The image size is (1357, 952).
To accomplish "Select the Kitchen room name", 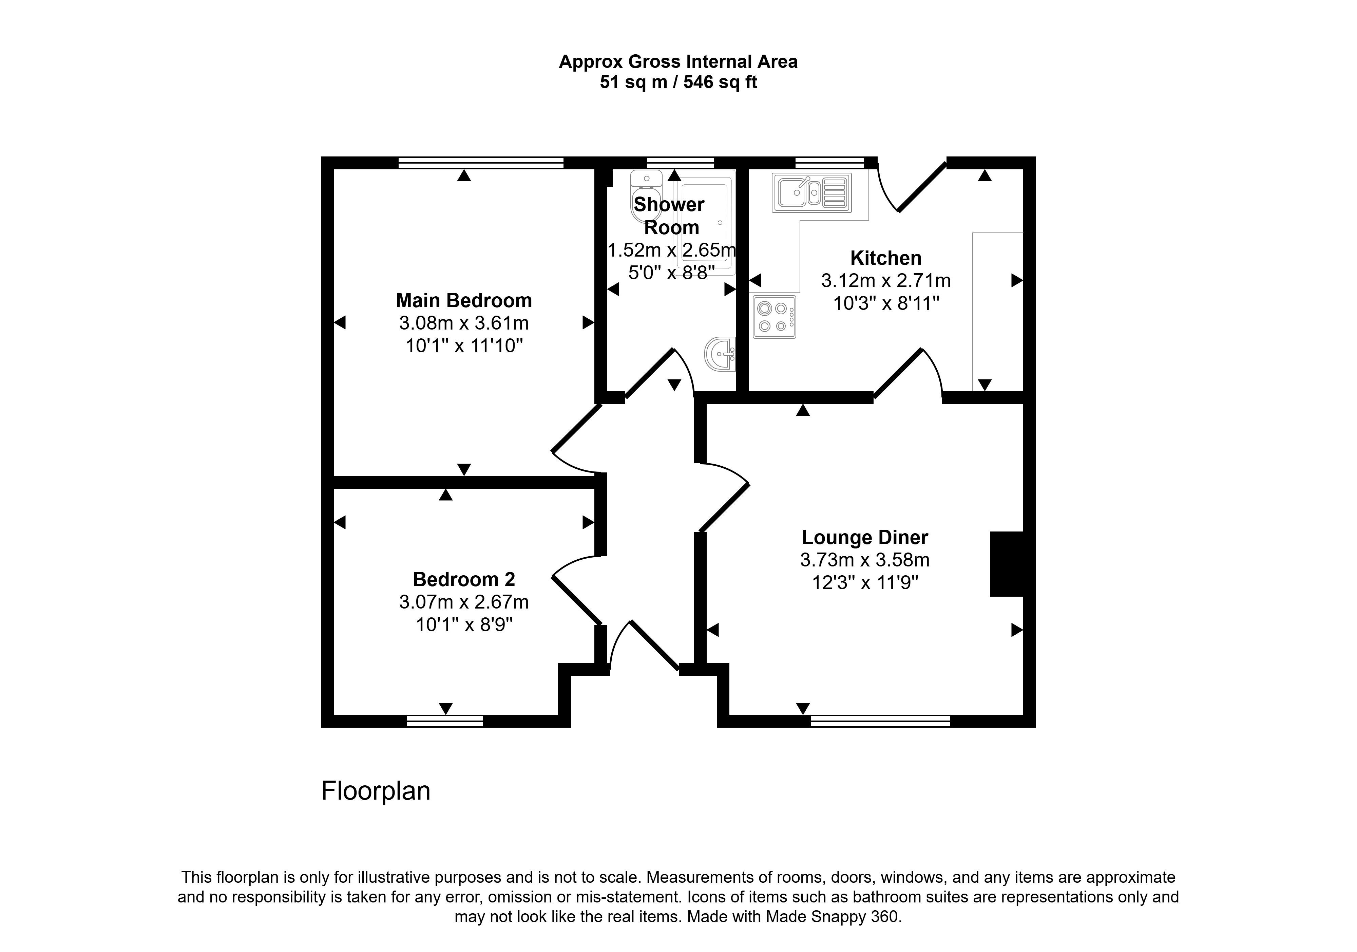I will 885,258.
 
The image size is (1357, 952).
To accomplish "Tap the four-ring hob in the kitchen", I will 773,317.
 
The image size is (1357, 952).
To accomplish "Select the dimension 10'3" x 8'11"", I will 885,303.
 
